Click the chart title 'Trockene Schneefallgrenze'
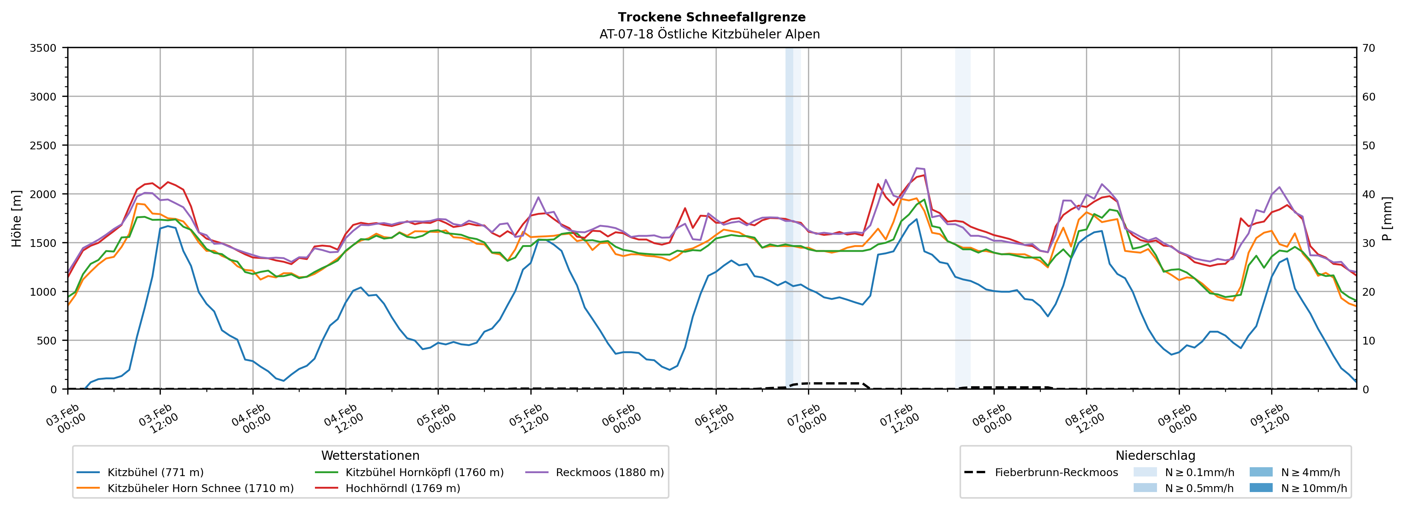[711, 17]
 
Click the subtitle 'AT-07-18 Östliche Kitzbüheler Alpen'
[709, 34]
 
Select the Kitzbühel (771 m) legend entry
[156, 472]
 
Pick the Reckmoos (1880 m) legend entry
[609, 472]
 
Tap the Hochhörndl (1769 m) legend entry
[403, 488]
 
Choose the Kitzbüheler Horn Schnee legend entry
[200, 488]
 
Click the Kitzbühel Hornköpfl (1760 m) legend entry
[424, 472]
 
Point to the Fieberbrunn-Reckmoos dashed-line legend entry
[1056, 472]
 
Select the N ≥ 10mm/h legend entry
[1313, 488]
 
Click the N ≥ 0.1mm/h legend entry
[1199, 472]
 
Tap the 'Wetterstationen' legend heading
[370, 455]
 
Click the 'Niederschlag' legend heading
[1155, 455]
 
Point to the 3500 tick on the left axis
[43, 48]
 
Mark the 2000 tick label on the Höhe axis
[43, 194]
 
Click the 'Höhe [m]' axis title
[17, 218]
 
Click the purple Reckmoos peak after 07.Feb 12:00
[917, 168]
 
